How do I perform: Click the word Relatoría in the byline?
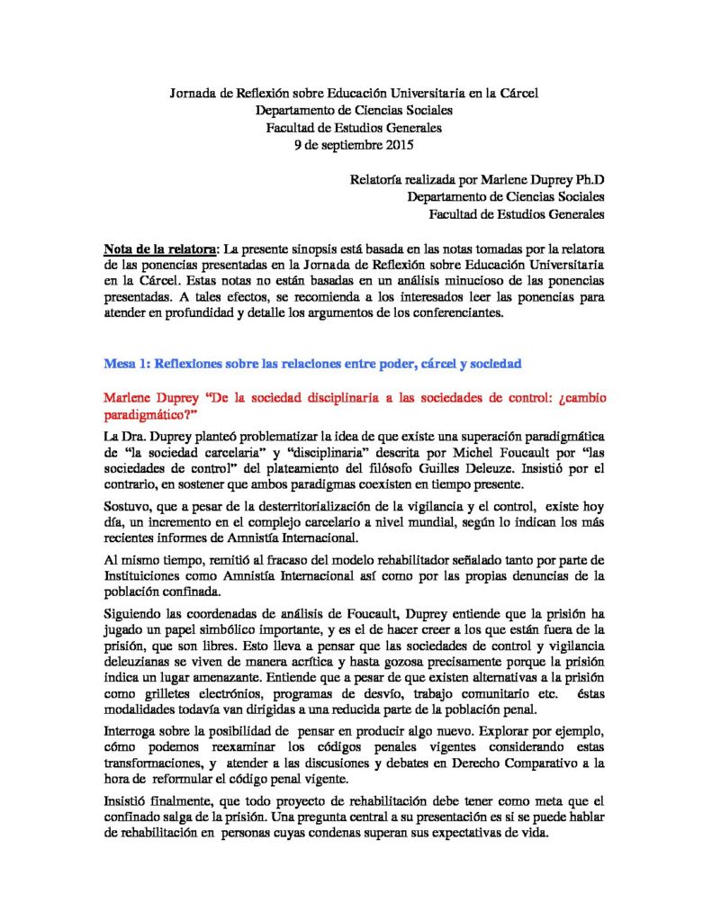378,179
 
